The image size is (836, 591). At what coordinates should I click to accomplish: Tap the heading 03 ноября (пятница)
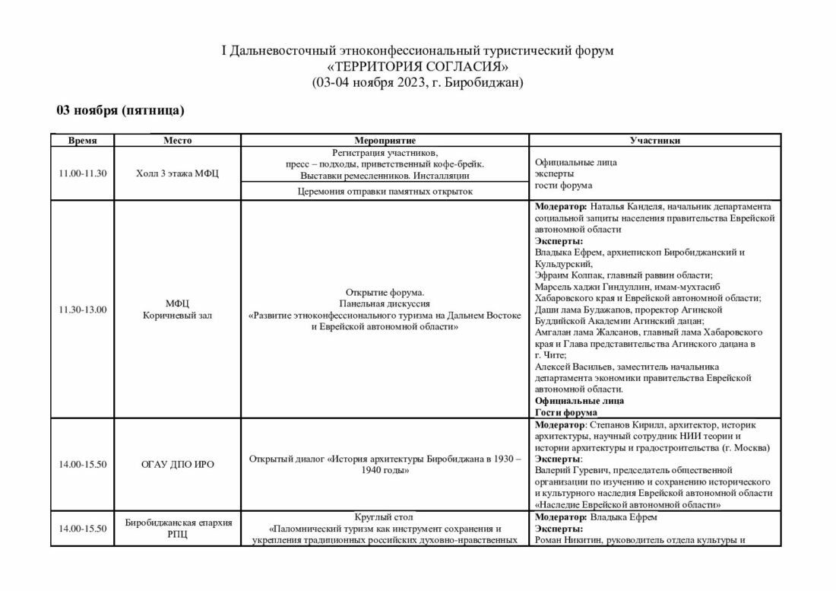pyautogui.click(x=121, y=111)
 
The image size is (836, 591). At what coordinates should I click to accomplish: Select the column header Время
pyautogui.click(x=81, y=141)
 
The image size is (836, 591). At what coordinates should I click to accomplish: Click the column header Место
pyautogui.click(x=176, y=141)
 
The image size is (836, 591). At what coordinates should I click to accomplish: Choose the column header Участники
pyautogui.click(x=654, y=141)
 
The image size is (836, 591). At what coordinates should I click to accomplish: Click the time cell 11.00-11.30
pyautogui.click(x=81, y=173)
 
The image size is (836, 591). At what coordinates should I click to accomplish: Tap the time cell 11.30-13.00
pyautogui.click(x=81, y=309)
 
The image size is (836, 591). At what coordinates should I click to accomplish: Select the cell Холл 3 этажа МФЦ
pyautogui.click(x=176, y=173)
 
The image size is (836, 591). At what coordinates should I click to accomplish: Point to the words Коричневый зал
pyautogui.click(x=176, y=315)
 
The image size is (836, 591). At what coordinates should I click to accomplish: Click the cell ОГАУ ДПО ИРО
pyautogui.click(x=176, y=464)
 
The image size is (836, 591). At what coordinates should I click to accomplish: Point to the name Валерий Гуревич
pyautogui.click(x=571, y=470)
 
